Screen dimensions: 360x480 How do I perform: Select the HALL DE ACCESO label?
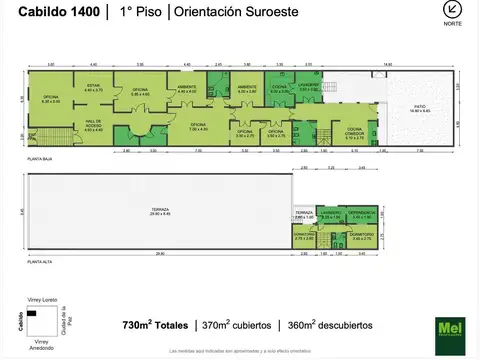click(94, 127)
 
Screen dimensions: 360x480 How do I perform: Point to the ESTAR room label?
click(94, 88)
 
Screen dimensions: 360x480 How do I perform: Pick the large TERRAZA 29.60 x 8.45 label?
click(160, 211)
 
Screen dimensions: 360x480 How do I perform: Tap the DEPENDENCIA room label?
click(363, 214)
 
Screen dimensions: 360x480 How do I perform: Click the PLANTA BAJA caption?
click(39, 160)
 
